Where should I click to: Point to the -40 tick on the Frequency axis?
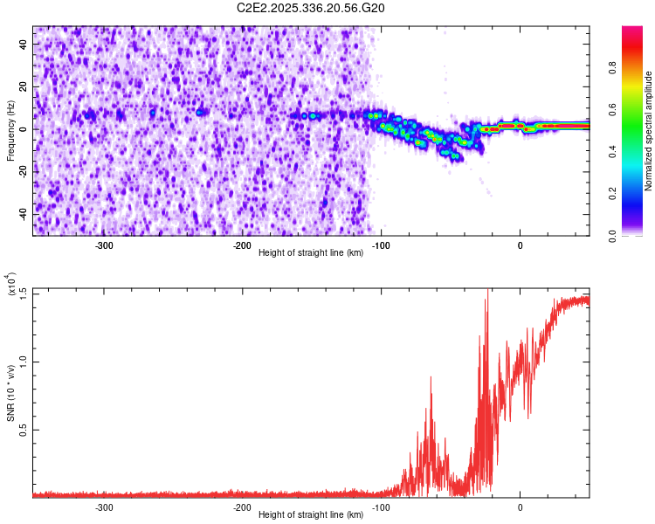pos(21,214)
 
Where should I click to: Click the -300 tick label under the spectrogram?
pos(104,245)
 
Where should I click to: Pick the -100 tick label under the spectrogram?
pos(381,245)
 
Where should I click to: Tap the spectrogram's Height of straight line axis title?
pos(311,254)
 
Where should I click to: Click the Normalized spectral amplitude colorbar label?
pos(649,131)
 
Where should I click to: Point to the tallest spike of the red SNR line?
pos(487,291)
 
